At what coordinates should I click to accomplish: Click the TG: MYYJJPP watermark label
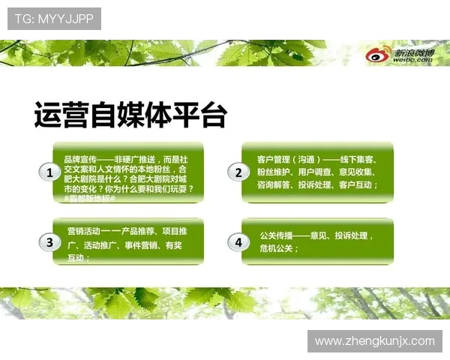pos(54,18)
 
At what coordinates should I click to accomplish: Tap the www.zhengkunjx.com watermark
pos(374,341)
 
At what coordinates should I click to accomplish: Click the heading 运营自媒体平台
pos(129,115)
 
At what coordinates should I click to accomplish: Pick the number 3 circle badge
pos(49,242)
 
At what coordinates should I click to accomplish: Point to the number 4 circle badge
pos(238,242)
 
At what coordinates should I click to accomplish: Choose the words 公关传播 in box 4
pos(274,235)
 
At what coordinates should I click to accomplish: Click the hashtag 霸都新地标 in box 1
pos(91,198)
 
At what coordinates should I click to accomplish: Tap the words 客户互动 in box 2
pos(355,184)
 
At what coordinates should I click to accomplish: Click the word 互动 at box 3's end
pos(76,257)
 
